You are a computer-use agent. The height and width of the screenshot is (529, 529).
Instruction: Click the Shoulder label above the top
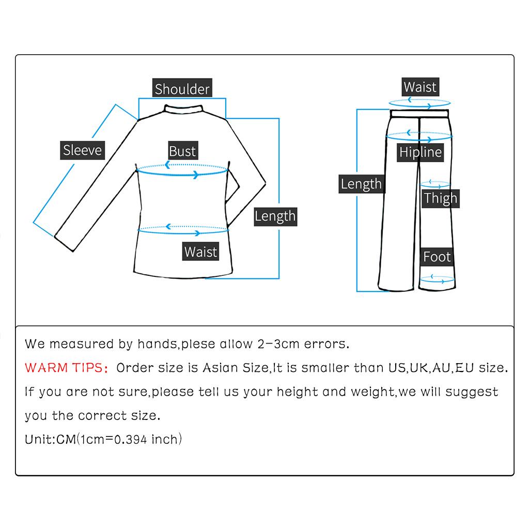(182, 89)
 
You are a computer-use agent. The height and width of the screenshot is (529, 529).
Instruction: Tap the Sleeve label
(83, 150)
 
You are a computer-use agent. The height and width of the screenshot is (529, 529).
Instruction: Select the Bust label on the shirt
(183, 151)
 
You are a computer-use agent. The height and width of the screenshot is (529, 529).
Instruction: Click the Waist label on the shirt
(201, 252)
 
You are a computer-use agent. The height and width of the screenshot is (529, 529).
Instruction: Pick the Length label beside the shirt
(275, 216)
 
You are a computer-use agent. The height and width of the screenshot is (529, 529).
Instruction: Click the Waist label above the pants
(420, 87)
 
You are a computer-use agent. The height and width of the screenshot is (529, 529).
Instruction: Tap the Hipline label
(421, 152)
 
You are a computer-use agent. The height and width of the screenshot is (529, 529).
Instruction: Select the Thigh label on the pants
(441, 198)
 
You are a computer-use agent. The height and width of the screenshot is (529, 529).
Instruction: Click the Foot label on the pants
(437, 257)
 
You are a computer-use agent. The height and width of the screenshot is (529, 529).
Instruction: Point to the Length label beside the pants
(361, 184)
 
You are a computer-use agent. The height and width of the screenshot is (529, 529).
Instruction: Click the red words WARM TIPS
(65, 368)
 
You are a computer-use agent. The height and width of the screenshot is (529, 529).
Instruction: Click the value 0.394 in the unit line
(131, 440)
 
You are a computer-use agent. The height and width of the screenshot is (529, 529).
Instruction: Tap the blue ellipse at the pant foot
(437, 280)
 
